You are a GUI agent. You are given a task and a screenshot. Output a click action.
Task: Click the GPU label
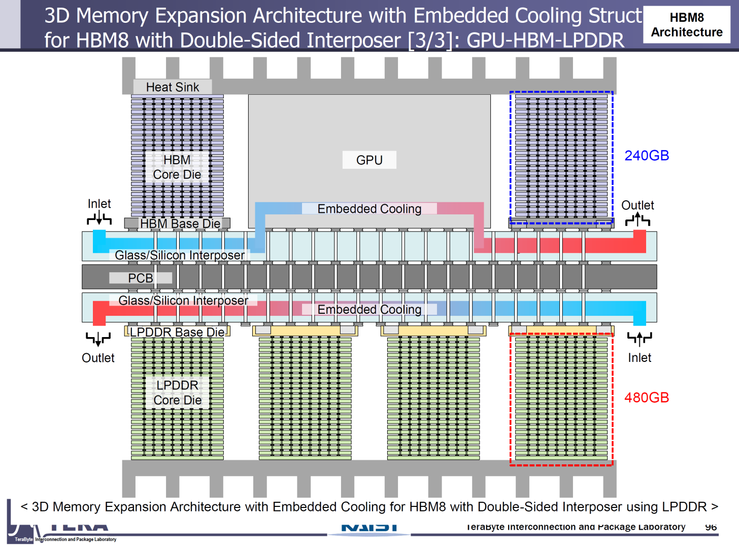pos(369,160)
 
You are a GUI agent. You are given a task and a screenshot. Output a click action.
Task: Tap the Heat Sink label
pos(173,87)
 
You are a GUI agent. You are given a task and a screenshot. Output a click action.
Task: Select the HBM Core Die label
pos(177,167)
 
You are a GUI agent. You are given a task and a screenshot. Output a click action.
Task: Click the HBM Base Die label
pos(180,224)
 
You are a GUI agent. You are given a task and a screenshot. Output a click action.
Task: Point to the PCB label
pos(140,278)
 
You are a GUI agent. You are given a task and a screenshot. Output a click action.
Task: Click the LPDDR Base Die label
pos(177,332)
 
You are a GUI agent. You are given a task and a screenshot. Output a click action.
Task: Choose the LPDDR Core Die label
pos(177,393)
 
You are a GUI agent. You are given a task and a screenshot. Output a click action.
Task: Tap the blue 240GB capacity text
pos(646,156)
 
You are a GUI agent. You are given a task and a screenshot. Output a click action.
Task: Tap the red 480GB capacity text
pos(646,397)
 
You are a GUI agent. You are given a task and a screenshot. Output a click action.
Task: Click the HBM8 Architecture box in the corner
pos(687,25)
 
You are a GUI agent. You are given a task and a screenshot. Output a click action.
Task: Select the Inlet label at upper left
pos(99,204)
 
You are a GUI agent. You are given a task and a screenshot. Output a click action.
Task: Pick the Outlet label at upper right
pos(637,205)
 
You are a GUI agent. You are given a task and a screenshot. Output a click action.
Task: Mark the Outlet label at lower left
pos(98,358)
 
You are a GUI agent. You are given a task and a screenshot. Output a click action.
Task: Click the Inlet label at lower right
pos(639,358)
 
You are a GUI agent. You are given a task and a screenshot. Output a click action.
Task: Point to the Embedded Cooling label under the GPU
pos(369,209)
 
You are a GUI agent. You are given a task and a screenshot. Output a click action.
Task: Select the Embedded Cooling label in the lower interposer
pos(369,309)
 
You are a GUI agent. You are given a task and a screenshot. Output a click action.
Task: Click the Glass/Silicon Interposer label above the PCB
pos(180,255)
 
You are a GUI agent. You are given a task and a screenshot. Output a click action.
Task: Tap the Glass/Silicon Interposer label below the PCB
pos(183,301)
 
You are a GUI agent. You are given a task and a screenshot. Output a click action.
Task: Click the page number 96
pos(711,527)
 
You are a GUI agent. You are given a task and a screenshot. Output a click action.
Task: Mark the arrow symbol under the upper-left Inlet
pos(99,219)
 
